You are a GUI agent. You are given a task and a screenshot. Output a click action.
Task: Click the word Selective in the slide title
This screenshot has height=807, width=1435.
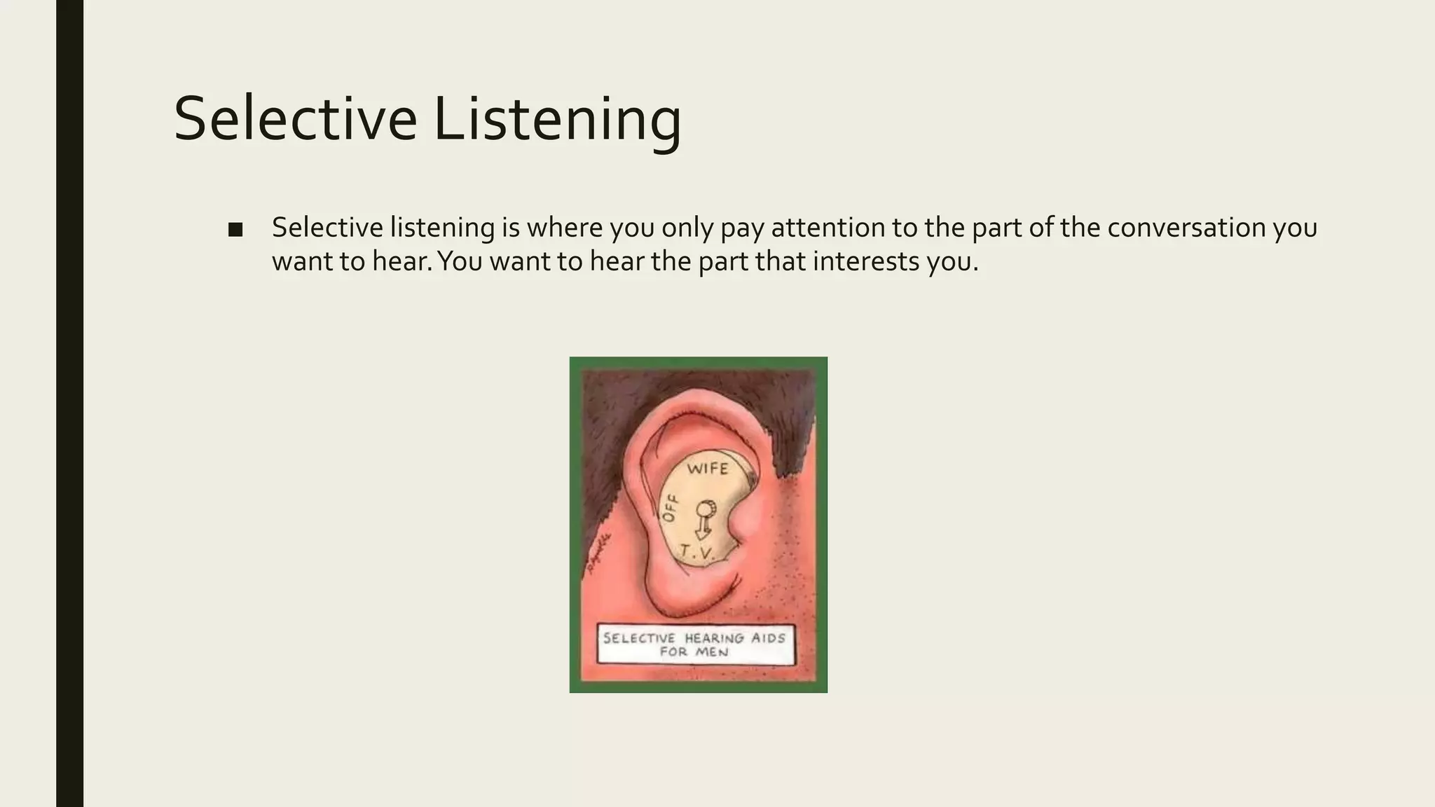(x=294, y=119)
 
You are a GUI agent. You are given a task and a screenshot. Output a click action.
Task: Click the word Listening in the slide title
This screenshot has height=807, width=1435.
(x=557, y=119)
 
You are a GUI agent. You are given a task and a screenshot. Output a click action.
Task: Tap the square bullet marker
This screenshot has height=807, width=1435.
(x=235, y=230)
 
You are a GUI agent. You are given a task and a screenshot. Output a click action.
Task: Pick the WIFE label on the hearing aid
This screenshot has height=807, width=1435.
(x=708, y=469)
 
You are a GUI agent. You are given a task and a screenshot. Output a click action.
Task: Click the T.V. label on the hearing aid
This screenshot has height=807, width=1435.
(x=696, y=553)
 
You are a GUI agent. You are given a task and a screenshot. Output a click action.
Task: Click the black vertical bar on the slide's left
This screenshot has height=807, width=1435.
(x=69, y=403)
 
